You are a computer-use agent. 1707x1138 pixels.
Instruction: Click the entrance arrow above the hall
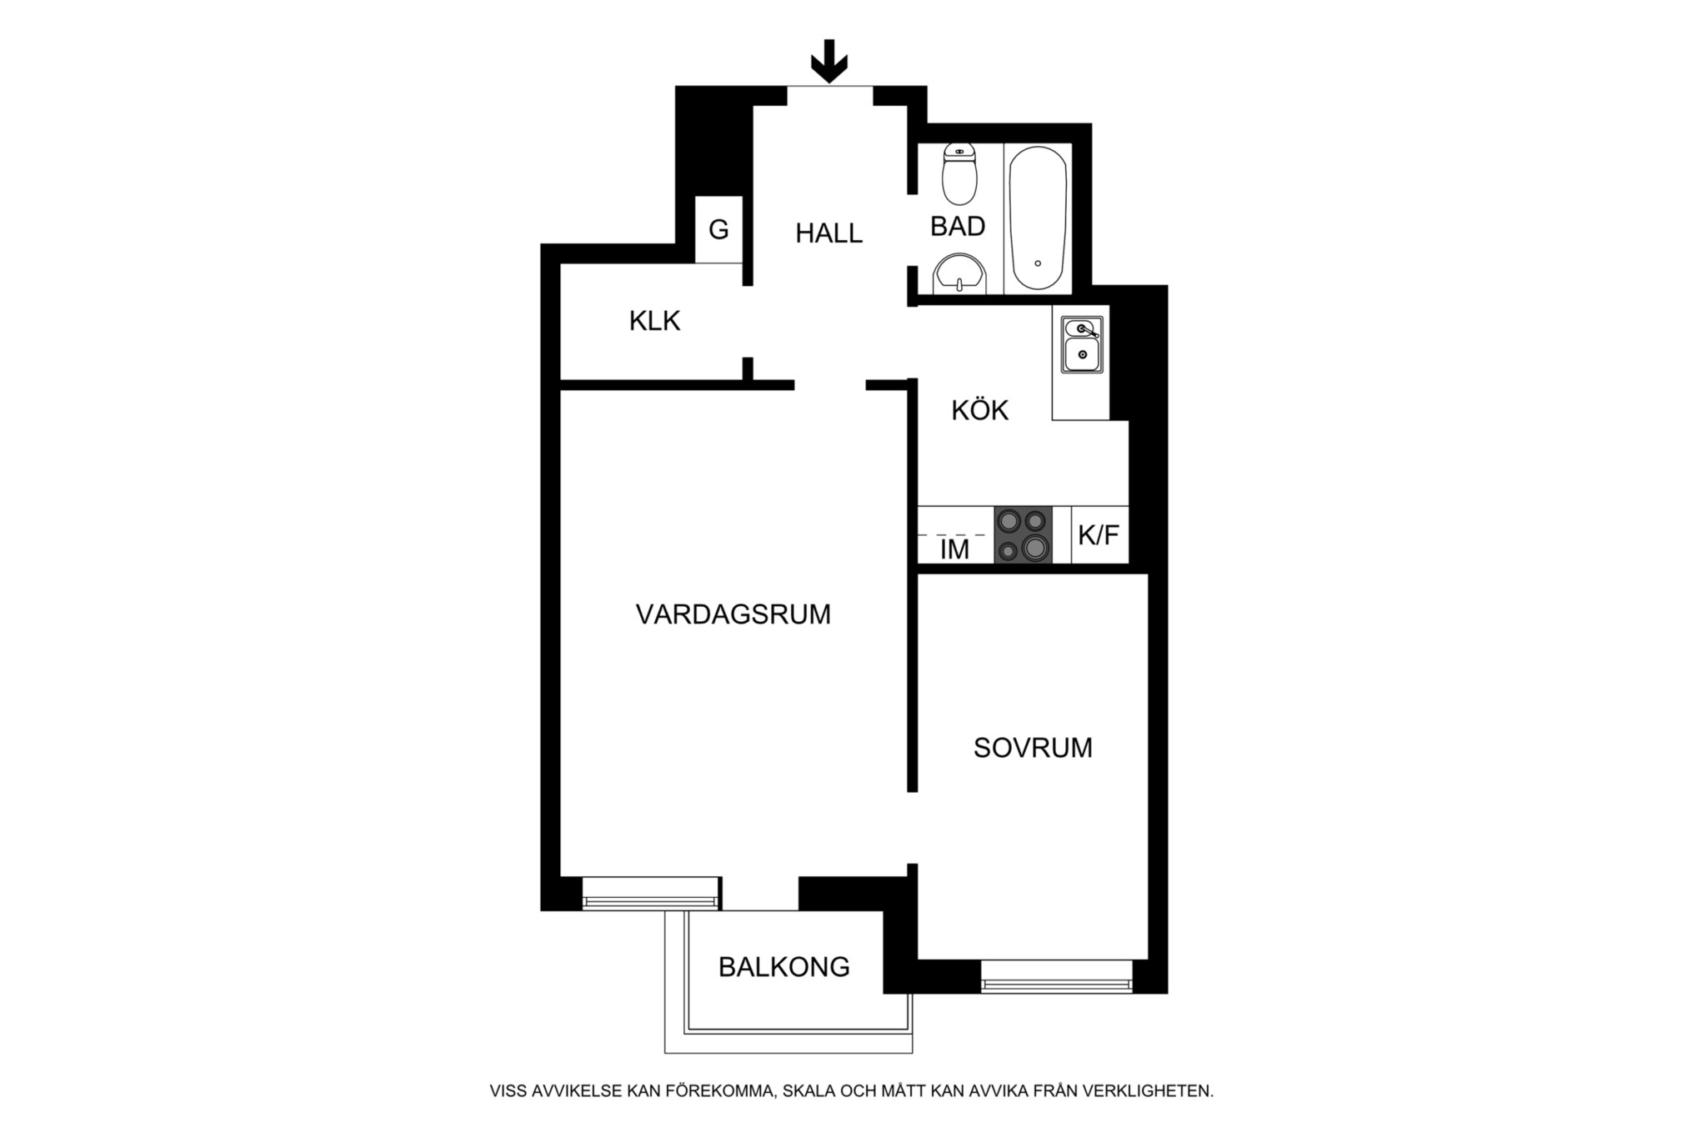829,61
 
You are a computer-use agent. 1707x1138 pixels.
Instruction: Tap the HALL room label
828,233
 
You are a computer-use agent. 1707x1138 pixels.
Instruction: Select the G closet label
718,229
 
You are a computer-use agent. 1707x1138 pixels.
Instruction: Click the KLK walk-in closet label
654,320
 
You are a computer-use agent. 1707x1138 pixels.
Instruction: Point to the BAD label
958,226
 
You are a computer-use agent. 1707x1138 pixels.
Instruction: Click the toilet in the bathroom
959,174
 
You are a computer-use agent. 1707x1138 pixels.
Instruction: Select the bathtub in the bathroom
1038,218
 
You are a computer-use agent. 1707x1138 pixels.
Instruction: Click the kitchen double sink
1082,344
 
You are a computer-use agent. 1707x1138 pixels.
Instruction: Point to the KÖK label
980,410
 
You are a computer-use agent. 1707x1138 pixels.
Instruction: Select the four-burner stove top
1023,534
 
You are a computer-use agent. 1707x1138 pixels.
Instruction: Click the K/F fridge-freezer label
1099,535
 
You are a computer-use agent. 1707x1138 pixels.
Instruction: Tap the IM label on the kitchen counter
954,549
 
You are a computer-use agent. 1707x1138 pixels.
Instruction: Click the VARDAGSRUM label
733,614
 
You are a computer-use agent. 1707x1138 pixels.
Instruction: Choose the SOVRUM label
1033,748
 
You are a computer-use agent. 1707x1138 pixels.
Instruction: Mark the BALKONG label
784,967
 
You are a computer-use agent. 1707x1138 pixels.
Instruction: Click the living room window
650,892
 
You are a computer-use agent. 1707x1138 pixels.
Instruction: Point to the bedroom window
1057,976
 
